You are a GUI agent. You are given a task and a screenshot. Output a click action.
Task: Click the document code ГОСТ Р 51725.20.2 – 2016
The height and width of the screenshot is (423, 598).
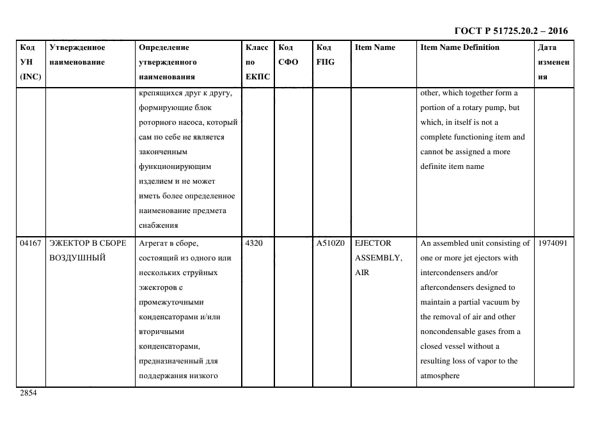(510, 31)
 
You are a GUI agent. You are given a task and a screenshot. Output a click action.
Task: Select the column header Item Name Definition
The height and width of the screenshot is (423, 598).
(459, 47)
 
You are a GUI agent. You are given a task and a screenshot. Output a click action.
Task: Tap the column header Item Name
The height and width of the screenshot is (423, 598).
(375, 47)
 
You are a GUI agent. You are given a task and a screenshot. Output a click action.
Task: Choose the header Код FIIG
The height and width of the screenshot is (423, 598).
(325, 55)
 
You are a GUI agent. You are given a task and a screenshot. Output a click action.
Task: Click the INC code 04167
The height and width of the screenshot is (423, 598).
(30, 243)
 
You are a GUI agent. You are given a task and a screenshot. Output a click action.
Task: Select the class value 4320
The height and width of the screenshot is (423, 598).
(253, 243)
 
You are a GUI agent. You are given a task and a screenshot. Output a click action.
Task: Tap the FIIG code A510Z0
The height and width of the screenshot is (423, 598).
(331, 243)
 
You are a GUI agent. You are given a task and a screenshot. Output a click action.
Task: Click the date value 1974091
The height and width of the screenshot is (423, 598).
(553, 243)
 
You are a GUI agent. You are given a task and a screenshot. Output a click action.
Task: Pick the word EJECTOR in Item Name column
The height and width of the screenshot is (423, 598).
(373, 243)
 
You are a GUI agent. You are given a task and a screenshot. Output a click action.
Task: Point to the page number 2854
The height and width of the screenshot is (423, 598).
(29, 393)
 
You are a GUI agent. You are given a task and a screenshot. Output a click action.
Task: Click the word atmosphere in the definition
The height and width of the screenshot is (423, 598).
(440, 376)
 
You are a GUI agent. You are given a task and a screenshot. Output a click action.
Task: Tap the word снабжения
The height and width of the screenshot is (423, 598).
(158, 225)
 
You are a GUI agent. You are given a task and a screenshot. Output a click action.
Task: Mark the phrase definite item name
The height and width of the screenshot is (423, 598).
(452, 166)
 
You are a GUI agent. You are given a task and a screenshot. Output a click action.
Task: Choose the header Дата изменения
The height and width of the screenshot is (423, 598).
(553, 62)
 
